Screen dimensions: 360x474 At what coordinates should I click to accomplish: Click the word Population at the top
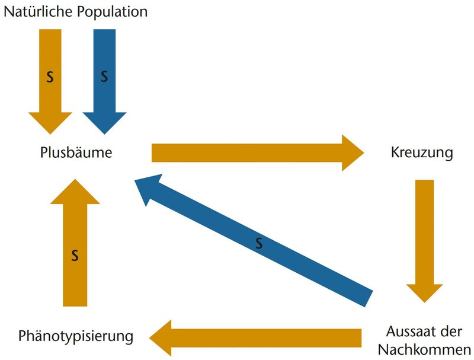(x=113, y=11)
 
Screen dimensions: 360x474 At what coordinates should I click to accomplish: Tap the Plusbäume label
(x=76, y=153)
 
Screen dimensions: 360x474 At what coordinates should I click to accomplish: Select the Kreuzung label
(x=422, y=153)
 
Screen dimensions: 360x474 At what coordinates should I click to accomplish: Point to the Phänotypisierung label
(x=75, y=336)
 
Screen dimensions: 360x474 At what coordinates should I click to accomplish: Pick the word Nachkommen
(x=424, y=348)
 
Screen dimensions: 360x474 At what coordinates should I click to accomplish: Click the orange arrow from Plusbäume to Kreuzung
(x=249, y=152)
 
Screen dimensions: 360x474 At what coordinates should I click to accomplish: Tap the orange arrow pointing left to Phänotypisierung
(x=261, y=337)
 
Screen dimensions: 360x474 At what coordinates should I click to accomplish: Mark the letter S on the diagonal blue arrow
(x=259, y=243)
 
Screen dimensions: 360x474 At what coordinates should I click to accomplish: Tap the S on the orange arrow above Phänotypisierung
(x=75, y=256)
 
